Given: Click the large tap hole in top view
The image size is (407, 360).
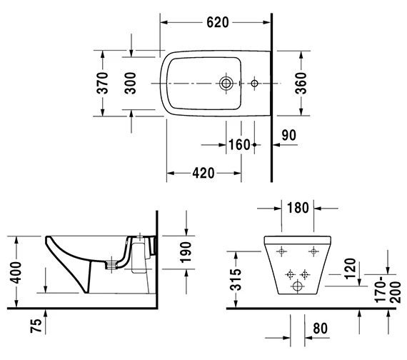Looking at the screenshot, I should [226, 84].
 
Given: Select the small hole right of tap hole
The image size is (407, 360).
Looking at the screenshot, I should [254, 84].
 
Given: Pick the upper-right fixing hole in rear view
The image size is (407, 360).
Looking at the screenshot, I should [311, 251].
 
